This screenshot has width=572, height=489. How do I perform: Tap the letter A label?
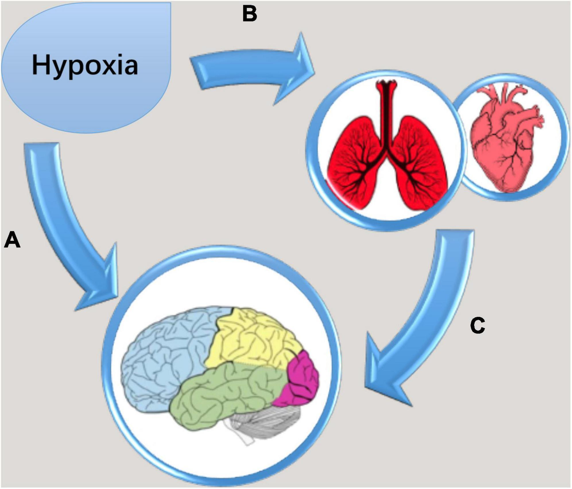(x=12, y=240)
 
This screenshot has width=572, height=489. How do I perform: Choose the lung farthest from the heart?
(x=356, y=163)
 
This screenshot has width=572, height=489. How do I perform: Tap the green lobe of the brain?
(x=224, y=393)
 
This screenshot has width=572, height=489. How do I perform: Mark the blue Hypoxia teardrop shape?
(x=86, y=68)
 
